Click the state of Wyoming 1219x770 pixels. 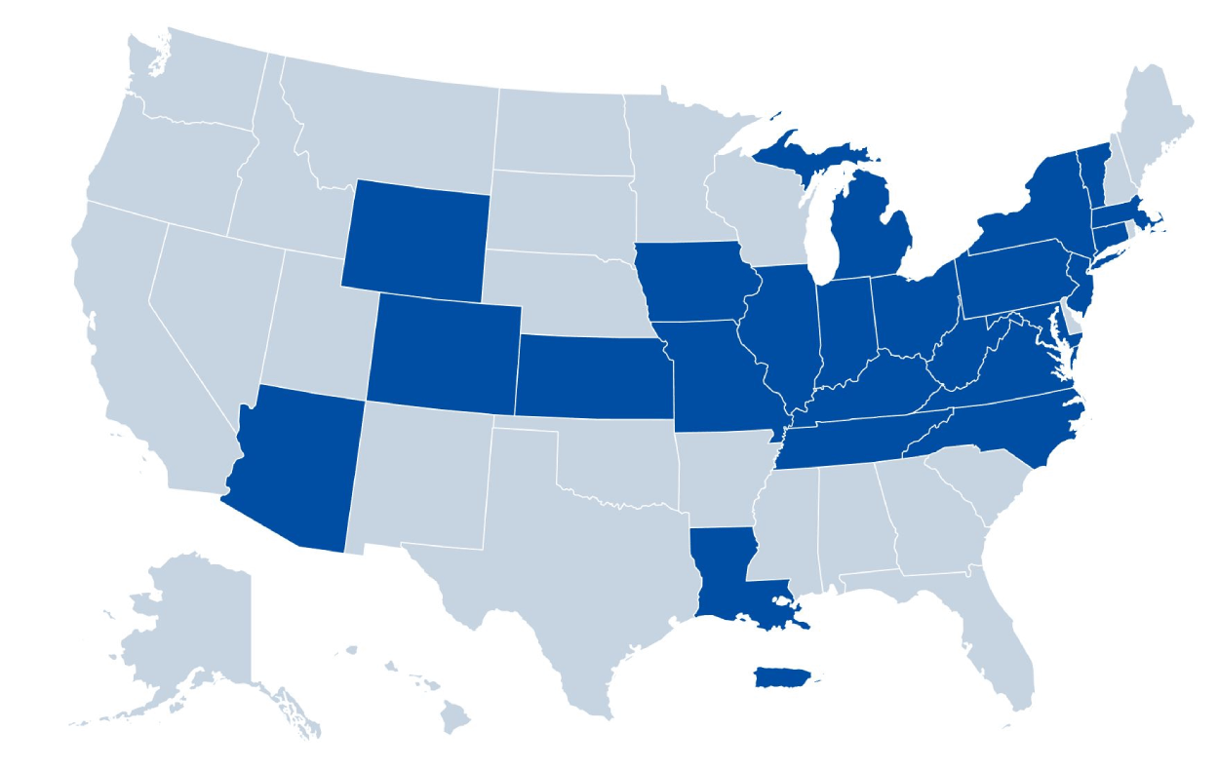[x=416, y=234]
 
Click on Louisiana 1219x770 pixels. [x=727, y=575]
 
